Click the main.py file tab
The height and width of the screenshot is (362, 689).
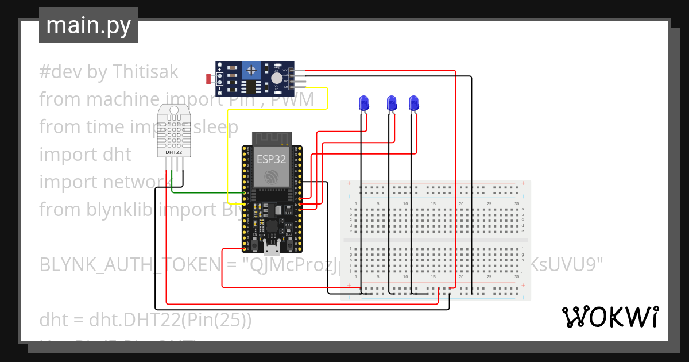pos(88,25)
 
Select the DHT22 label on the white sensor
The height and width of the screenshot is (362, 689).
pos(174,152)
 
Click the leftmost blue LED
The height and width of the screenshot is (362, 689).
pos(364,103)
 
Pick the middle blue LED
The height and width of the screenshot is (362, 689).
pos(392,103)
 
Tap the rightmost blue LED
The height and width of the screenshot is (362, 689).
pos(414,103)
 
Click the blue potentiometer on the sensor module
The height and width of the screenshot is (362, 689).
pos(251,71)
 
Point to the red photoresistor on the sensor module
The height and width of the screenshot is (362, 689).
pos(208,78)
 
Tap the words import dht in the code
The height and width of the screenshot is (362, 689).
pos(85,154)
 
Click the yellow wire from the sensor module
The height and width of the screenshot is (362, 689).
pos(327,98)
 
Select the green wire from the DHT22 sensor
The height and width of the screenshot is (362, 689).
pos(207,193)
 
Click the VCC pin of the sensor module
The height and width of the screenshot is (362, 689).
pos(296,71)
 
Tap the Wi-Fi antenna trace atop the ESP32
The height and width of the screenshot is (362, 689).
pos(272,138)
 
